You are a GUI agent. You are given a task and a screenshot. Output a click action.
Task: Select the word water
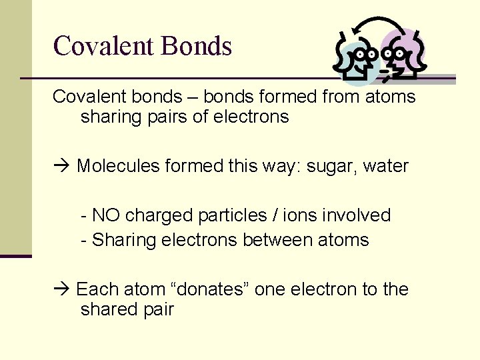(386, 165)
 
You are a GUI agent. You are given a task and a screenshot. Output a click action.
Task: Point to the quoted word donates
(210, 289)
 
